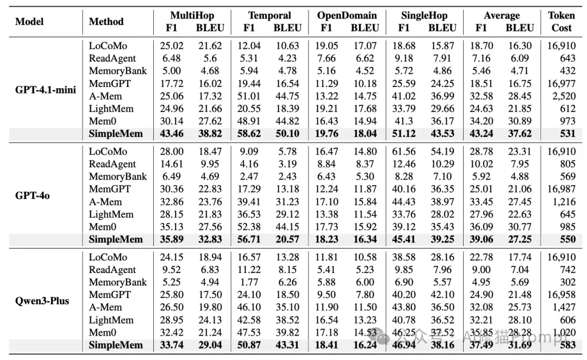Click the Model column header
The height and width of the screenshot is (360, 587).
[29, 21]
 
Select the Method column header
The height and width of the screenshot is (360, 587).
[106, 21]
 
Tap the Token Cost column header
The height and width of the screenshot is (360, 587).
[561, 21]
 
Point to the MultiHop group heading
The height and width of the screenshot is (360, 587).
[192, 15]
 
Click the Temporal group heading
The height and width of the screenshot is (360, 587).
[270, 15]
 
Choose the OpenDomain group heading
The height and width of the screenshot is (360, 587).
[347, 15]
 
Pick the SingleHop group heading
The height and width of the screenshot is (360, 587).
[424, 15]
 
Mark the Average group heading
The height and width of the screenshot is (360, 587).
[502, 15]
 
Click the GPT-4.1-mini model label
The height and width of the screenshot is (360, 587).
[45, 90]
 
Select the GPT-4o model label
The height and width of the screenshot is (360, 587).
[32, 196]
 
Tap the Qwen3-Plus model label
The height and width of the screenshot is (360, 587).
[42, 301]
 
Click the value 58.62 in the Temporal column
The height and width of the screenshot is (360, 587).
[249, 134]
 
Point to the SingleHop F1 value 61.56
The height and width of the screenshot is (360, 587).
[404, 151]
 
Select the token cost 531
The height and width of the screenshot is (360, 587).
[567, 134]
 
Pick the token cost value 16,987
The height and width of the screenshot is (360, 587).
[561, 189]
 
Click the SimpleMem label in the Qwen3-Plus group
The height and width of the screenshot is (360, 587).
[116, 345]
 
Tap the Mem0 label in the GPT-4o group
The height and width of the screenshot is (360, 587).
[103, 227]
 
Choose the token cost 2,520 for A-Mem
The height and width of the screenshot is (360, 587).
[564, 96]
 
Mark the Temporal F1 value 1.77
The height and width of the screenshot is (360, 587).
[249, 282]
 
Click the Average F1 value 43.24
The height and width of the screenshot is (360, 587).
[482, 134]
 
